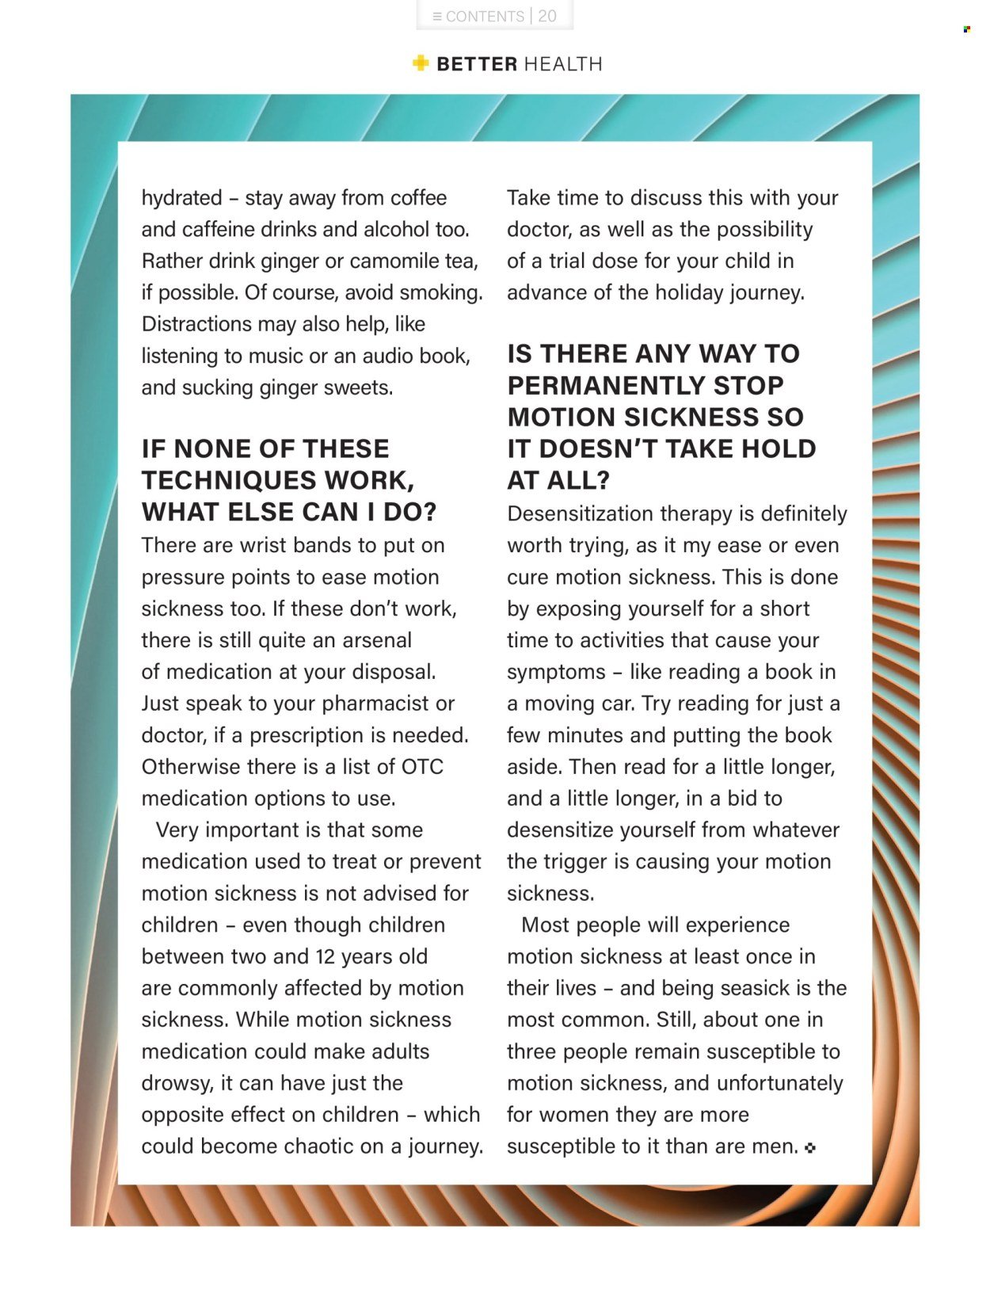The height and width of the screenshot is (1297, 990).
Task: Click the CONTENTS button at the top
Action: tap(478, 17)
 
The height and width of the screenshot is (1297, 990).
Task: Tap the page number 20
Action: tap(547, 17)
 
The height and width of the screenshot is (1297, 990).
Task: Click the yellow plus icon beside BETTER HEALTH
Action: tap(421, 63)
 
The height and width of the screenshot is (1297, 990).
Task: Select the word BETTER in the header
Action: tap(477, 64)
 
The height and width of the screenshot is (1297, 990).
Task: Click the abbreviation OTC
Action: tap(422, 767)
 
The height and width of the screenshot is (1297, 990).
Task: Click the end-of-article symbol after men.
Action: tap(809, 1147)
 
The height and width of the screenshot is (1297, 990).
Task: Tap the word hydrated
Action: tap(181, 198)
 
